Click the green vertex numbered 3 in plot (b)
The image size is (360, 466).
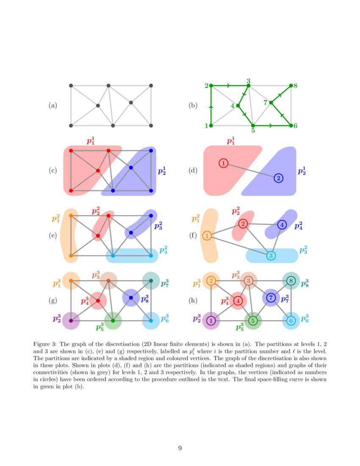249,86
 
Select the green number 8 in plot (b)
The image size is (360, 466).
295,86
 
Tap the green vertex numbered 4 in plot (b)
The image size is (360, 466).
238,105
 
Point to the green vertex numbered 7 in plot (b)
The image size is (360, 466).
271,103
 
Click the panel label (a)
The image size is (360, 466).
53,105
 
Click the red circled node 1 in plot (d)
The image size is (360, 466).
224,163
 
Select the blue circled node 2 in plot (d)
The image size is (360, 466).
278,178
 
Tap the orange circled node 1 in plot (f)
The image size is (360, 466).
207,236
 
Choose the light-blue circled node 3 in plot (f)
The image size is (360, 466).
271,255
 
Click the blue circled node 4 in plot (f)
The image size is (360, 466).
282,225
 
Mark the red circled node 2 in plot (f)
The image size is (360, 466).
243,223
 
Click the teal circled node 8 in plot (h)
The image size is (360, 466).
291,280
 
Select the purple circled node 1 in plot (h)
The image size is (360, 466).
211,321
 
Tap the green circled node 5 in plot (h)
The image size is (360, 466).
253,321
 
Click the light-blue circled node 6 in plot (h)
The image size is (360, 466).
291,321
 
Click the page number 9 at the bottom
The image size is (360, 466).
180,448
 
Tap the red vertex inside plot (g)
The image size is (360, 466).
98,300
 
